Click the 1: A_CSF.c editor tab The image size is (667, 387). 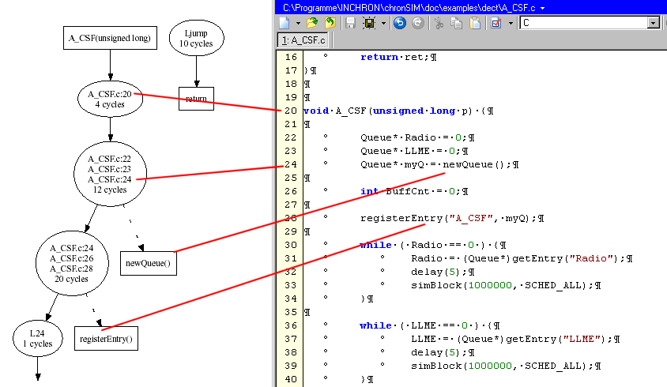pyautogui.click(x=303, y=40)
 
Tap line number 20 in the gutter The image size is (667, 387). pyautogui.click(x=291, y=111)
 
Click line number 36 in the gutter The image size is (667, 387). pyautogui.click(x=291, y=325)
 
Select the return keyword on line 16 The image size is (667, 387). pyautogui.click(x=379, y=57)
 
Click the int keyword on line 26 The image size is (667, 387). pyautogui.click(x=369, y=191)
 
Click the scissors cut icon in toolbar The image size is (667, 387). pyautogui.click(x=439, y=23)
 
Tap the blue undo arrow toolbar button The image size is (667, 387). pyautogui.click(x=399, y=23)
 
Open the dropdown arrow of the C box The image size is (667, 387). pyautogui.click(x=653, y=23)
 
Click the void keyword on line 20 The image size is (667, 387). pyautogui.click(x=316, y=111)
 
